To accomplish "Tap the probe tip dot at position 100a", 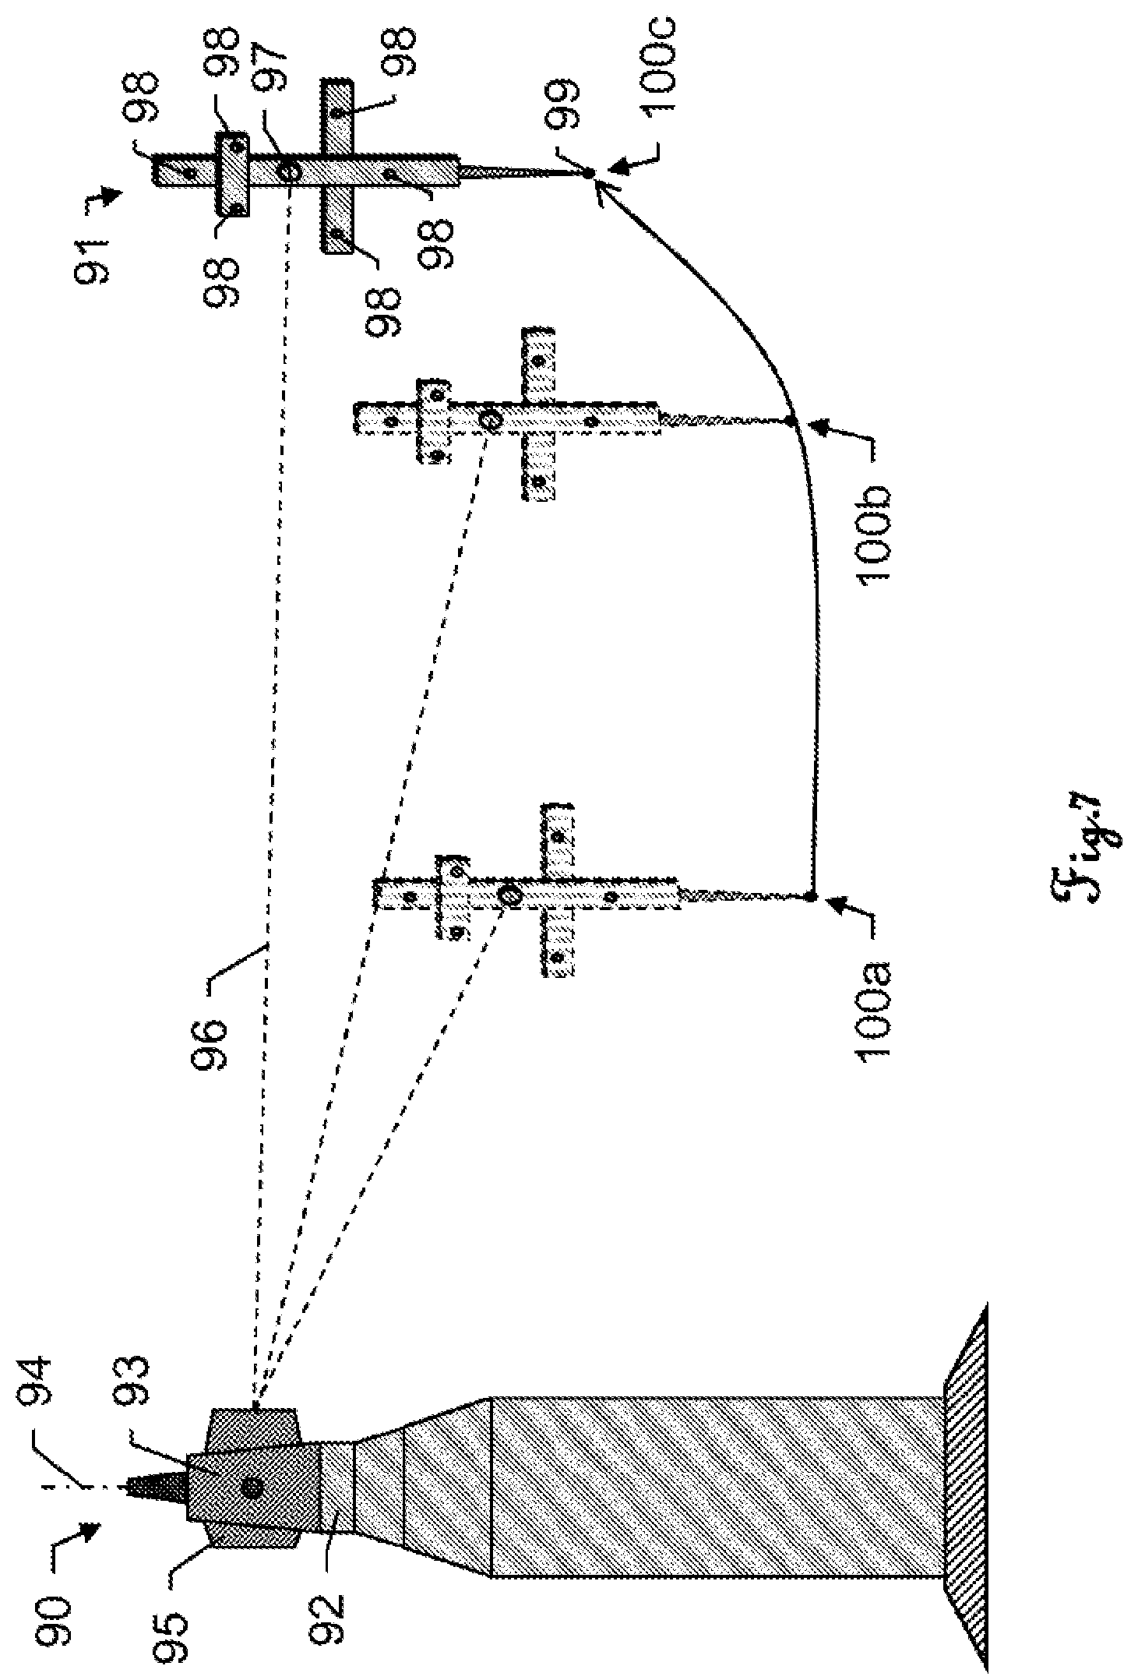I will pos(811,898).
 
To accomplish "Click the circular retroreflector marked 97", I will pos(288,172).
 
